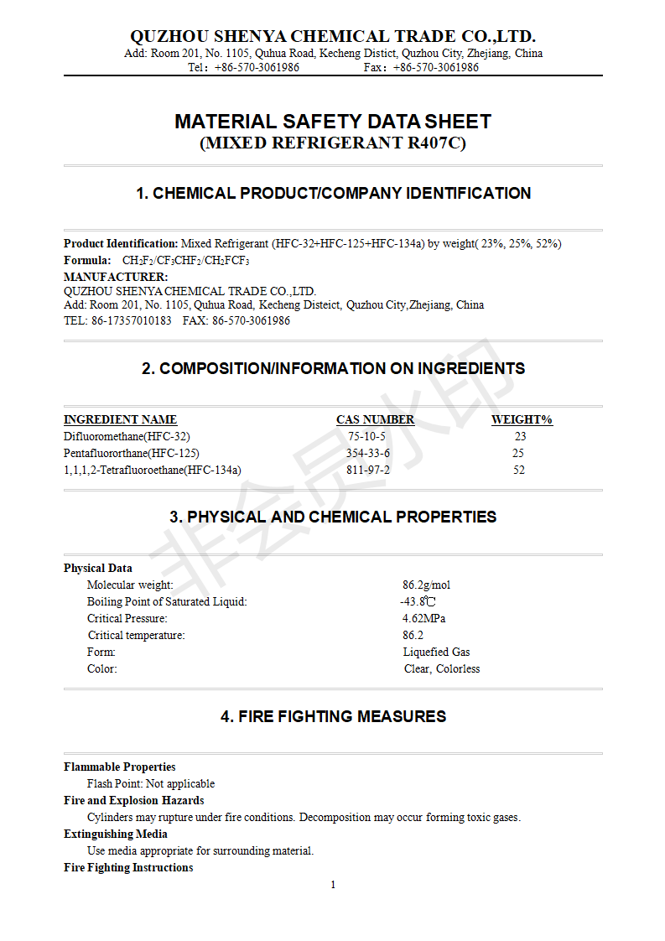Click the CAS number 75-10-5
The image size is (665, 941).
pyautogui.click(x=366, y=436)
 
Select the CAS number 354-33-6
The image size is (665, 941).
pyautogui.click(x=368, y=453)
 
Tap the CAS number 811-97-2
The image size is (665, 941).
pyautogui.click(x=368, y=470)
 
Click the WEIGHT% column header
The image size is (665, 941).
pyautogui.click(x=522, y=419)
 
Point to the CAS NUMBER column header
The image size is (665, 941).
pyautogui.click(x=375, y=419)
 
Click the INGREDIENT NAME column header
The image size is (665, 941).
pyautogui.click(x=120, y=419)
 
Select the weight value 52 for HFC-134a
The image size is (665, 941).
pyautogui.click(x=519, y=470)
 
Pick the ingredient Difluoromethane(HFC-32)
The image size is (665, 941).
pyautogui.click(x=121, y=436)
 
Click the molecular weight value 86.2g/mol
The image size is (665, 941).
pyautogui.click(x=426, y=585)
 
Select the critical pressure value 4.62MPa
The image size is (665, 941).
pyautogui.click(x=423, y=618)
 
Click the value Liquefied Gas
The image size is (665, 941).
pyautogui.click(x=436, y=652)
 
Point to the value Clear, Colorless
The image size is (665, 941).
pyautogui.click(x=442, y=668)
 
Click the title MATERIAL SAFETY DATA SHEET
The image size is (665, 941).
pyautogui.click(x=333, y=122)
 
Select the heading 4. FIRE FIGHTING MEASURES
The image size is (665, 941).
pyautogui.click(x=333, y=716)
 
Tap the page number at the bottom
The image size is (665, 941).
pyautogui.click(x=333, y=885)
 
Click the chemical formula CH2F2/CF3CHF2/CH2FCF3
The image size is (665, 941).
pyautogui.click(x=185, y=260)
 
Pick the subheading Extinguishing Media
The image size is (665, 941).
pyautogui.click(x=116, y=834)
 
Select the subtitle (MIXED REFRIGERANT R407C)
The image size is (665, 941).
pyautogui.click(x=333, y=143)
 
